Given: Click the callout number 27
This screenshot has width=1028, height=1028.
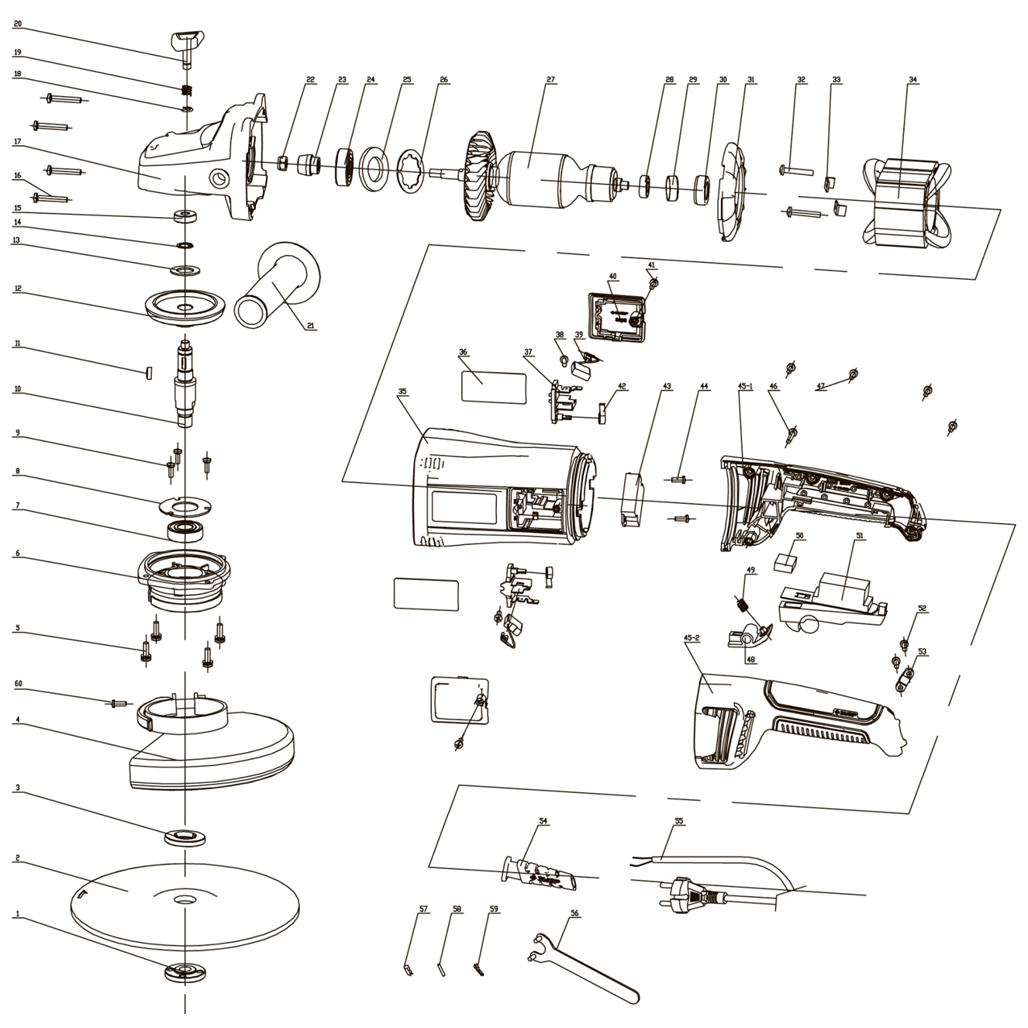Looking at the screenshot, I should coord(551,80).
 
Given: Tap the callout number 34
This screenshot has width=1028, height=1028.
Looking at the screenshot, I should coord(912,80).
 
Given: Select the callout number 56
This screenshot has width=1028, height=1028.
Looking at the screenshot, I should coord(574,913).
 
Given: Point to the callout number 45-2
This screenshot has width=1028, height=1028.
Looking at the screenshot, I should coord(692,637).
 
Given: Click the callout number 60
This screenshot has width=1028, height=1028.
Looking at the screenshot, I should coord(18,685).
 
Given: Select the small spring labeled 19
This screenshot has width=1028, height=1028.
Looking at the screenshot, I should coord(187,89).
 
